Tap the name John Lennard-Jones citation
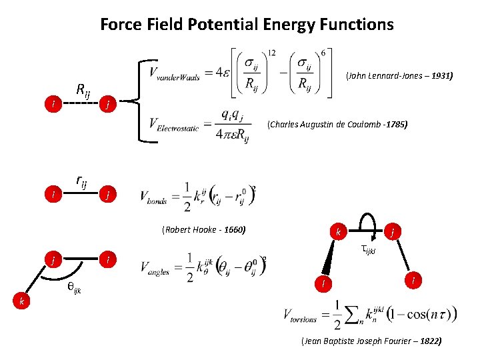399,77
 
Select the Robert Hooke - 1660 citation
203,230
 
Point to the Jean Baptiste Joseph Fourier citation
371,341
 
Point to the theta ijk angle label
74,288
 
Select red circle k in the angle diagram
22,302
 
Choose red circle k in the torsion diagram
339,233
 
